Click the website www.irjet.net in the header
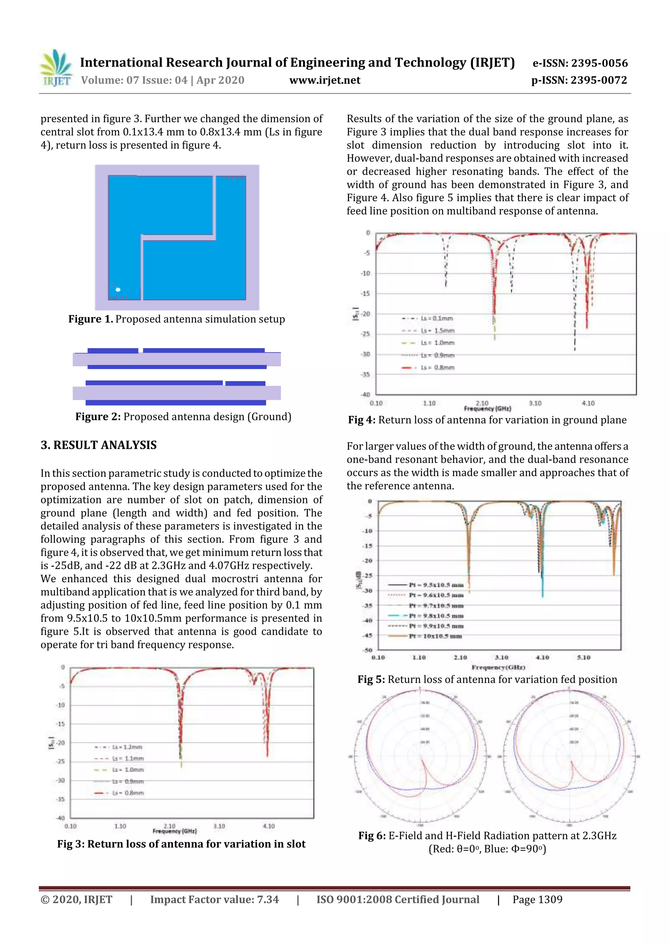pos(325,80)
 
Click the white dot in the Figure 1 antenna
pos(118,290)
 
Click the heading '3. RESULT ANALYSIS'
pos(99,445)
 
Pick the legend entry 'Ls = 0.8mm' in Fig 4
pos(437,367)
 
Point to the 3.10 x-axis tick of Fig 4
pos(535,403)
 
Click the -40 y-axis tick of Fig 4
pos(366,395)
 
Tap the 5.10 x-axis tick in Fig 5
pos(584,658)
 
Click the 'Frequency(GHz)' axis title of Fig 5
pos(498,667)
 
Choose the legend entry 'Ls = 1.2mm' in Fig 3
pos(127,747)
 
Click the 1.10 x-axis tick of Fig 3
pos(120,826)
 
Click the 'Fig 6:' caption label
pos(372,836)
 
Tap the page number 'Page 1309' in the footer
pos(537,899)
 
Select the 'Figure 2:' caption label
pos(98,417)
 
